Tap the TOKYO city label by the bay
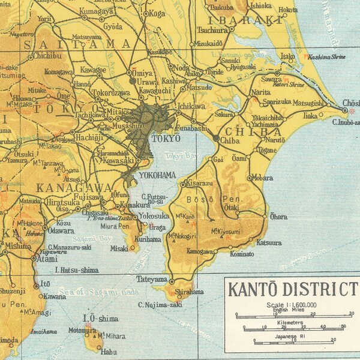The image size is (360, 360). (x=166, y=138)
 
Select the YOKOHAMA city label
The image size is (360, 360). (x=157, y=175)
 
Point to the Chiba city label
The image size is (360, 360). (x=230, y=140)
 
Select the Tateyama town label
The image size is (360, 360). (x=151, y=280)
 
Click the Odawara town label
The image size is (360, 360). (x=61, y=230)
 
